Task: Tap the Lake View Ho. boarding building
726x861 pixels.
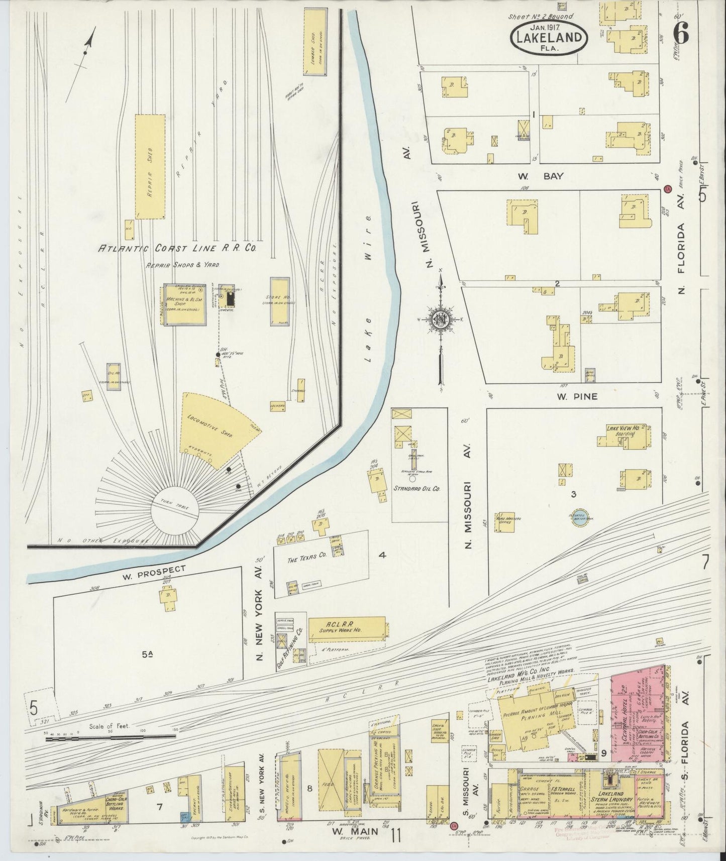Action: coord(623,433)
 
